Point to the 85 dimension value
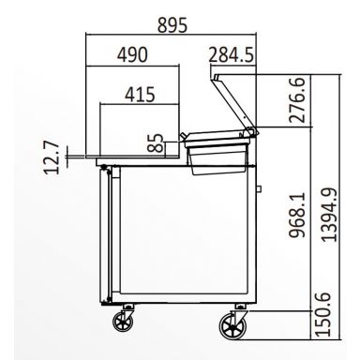pos(157,143)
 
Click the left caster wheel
pos(122,324)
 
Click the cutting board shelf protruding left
pos(90,158)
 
